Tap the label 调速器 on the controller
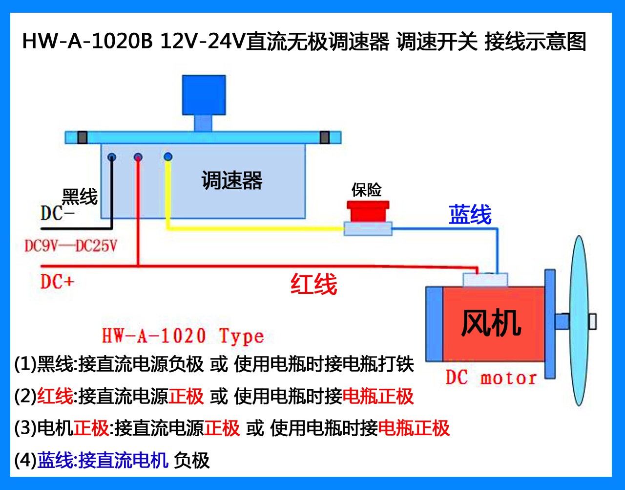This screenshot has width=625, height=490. pos(232,180)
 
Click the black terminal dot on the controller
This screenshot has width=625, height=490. pos(112,157)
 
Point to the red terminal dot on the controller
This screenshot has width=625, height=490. pos(138,157)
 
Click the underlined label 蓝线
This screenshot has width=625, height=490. pos(470,215)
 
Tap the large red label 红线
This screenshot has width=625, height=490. pos(314,284)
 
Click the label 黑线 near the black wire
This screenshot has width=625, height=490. pos(80,197)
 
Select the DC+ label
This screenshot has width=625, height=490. pos(57,282)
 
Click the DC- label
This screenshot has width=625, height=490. pos(57,213)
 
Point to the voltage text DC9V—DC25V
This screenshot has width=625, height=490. pos(71,245)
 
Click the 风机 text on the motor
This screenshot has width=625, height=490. pos(491,323)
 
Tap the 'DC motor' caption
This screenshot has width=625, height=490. pos(491,378)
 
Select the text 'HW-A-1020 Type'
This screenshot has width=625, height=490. pos(183,336)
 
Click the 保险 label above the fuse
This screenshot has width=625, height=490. pos(367,190)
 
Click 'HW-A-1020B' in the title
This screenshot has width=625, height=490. pos(88,42)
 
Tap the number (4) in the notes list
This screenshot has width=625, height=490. pos(25,460)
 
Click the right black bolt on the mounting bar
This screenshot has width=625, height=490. pos(325,137)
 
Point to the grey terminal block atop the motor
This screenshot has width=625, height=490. pos(485,280)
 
